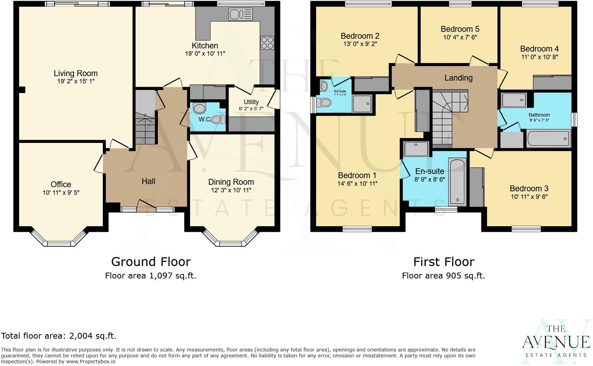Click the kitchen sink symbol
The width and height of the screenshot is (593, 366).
[x=240, y=15]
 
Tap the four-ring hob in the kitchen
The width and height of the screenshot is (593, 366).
[x=267, y=43]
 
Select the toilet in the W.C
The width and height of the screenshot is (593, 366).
[x=217, y=120]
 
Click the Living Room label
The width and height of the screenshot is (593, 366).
[x=75, y=73]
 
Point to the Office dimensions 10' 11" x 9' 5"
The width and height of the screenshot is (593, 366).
[x=61, y=193]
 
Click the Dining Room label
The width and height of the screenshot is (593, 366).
[x=231, y=182]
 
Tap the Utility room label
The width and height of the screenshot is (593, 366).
[x=251, y=102]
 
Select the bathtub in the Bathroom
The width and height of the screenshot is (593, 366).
[x=548, y=139]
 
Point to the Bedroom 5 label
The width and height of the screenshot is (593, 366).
[x=460, y=29]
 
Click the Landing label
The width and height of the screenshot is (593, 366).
[x=458, y=78]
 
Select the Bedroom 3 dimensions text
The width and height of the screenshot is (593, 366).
[x=529, y=197]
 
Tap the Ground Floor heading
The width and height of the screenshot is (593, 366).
[x=151, y=262]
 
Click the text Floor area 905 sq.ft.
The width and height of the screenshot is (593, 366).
[x=443, y=276]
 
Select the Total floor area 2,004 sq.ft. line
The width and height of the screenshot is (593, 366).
[x=59, y=336]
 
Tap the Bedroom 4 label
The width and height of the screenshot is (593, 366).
[x=539, y=49]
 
